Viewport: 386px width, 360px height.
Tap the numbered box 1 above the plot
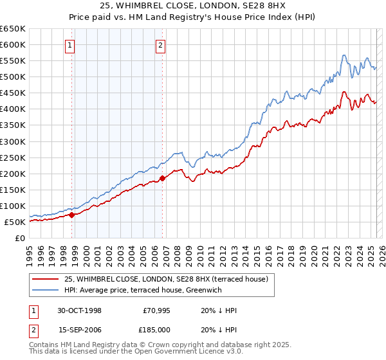pos(69,45)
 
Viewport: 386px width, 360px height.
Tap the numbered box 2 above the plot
pos(160,45)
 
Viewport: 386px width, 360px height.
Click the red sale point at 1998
pos(72,215)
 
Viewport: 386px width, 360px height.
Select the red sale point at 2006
pos(162,178)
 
